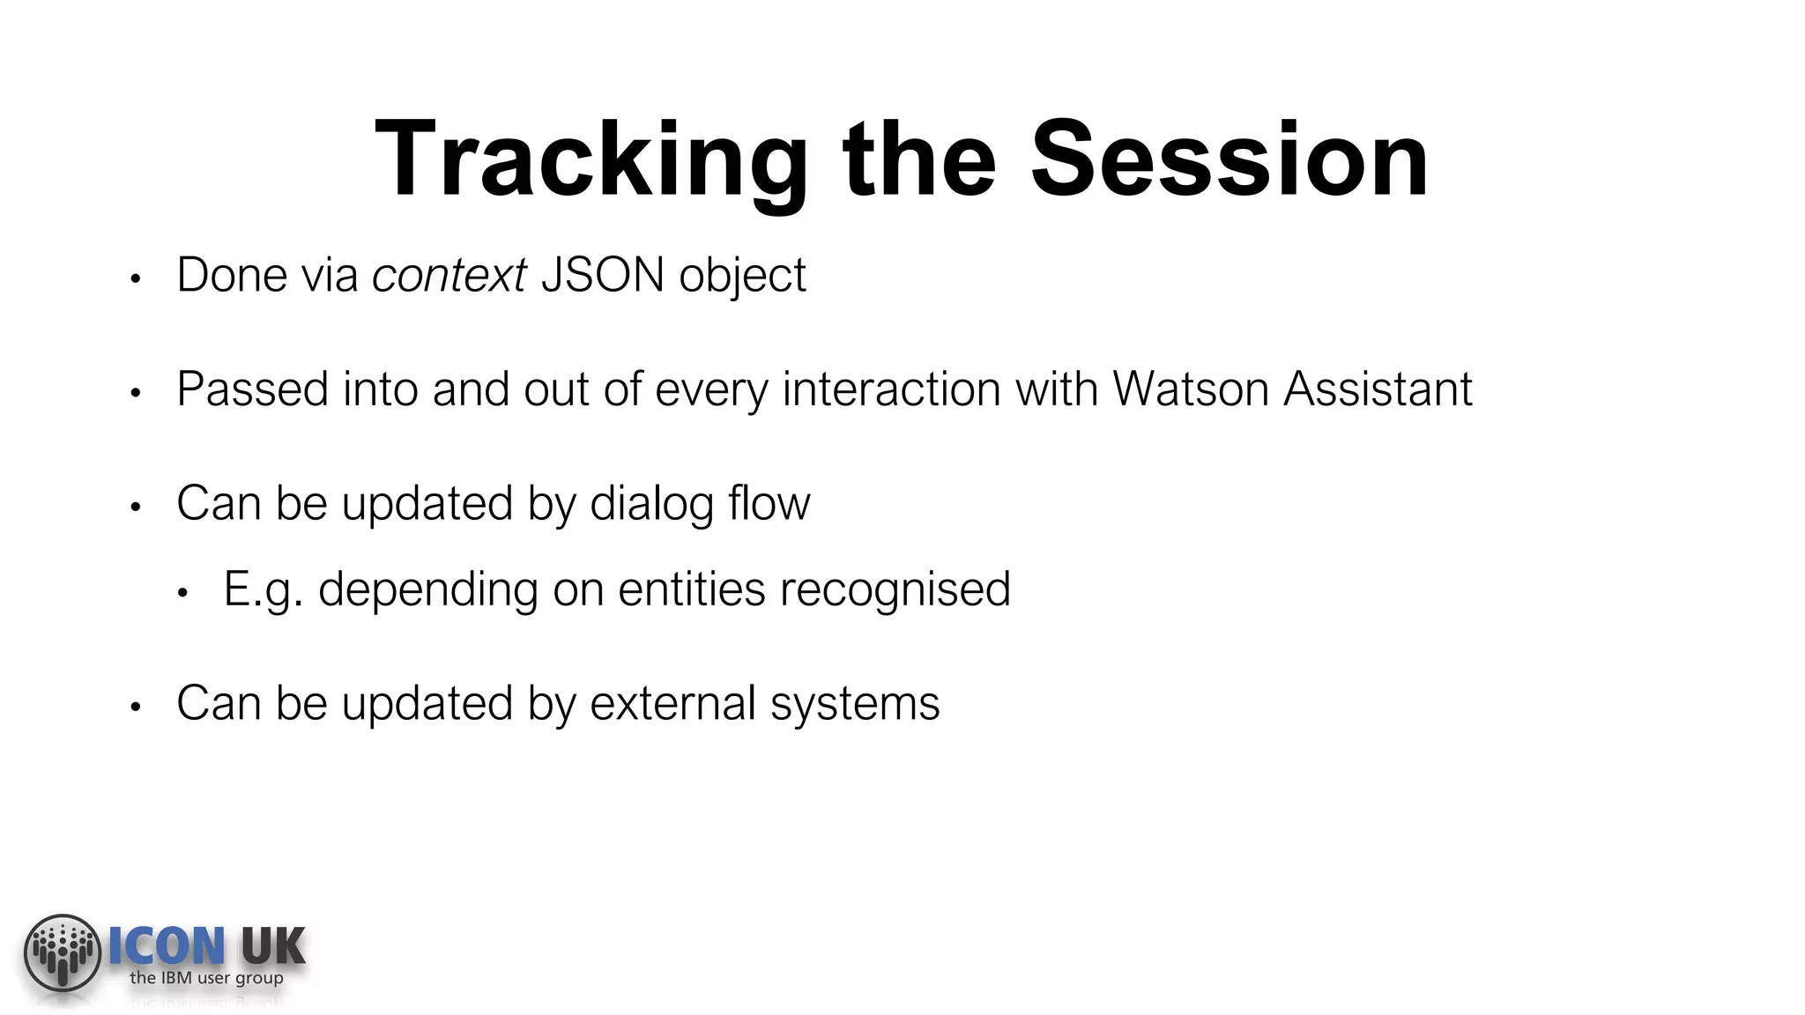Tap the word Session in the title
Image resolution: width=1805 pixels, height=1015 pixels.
click(x=1229, y=161)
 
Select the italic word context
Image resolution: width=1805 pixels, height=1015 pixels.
click(x=449, y=275)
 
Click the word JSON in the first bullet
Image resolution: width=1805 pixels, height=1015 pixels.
click(x=602, y=275)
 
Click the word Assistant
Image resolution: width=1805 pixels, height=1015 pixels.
click(x=1378, y=389)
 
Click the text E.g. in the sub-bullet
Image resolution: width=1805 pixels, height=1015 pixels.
click(x=263, y=589)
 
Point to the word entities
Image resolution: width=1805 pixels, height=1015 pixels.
click(x=691, y=589)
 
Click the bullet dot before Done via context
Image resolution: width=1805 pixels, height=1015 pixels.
click(x=135, y=279)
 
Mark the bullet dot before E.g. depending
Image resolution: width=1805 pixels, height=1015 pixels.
click(x=182, y=594)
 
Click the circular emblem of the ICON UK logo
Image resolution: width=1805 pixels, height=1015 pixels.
click(x=62, y=952)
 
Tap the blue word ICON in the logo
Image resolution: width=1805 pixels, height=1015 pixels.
click(x=166, y=947)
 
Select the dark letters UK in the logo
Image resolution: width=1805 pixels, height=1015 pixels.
click(x=272, y=947)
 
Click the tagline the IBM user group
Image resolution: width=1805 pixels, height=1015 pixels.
click(x=206, y=978)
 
